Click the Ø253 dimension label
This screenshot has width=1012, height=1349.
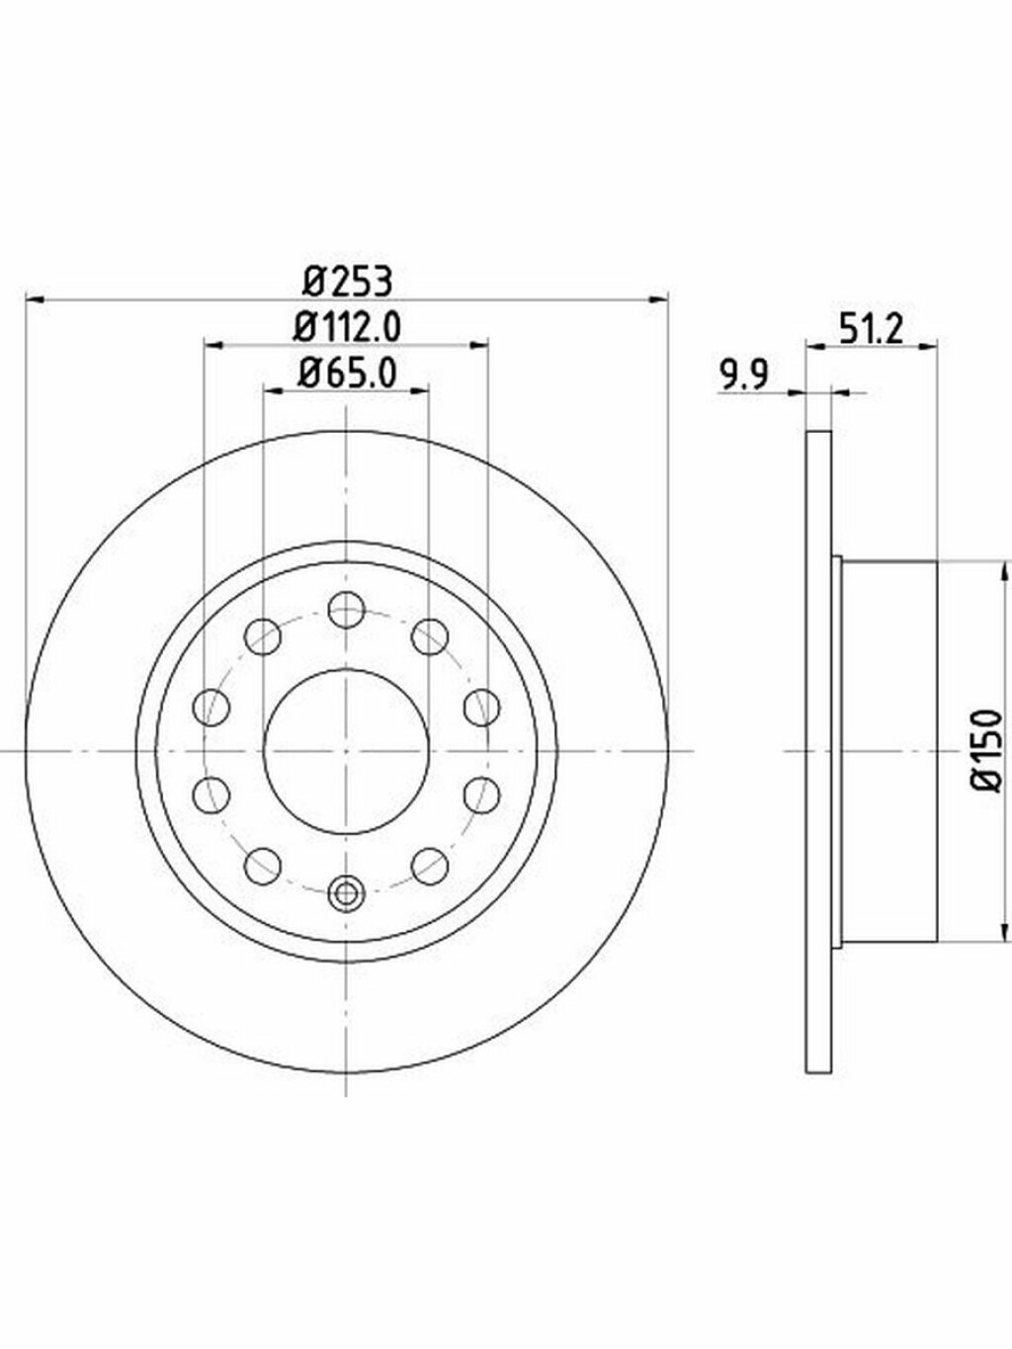[348, 283]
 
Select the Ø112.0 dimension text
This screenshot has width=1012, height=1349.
[347, 327]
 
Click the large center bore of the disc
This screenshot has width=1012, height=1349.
[346, 751]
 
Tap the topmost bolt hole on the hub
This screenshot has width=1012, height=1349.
[347, 610]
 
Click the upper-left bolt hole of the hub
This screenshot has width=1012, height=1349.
[263, 636]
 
